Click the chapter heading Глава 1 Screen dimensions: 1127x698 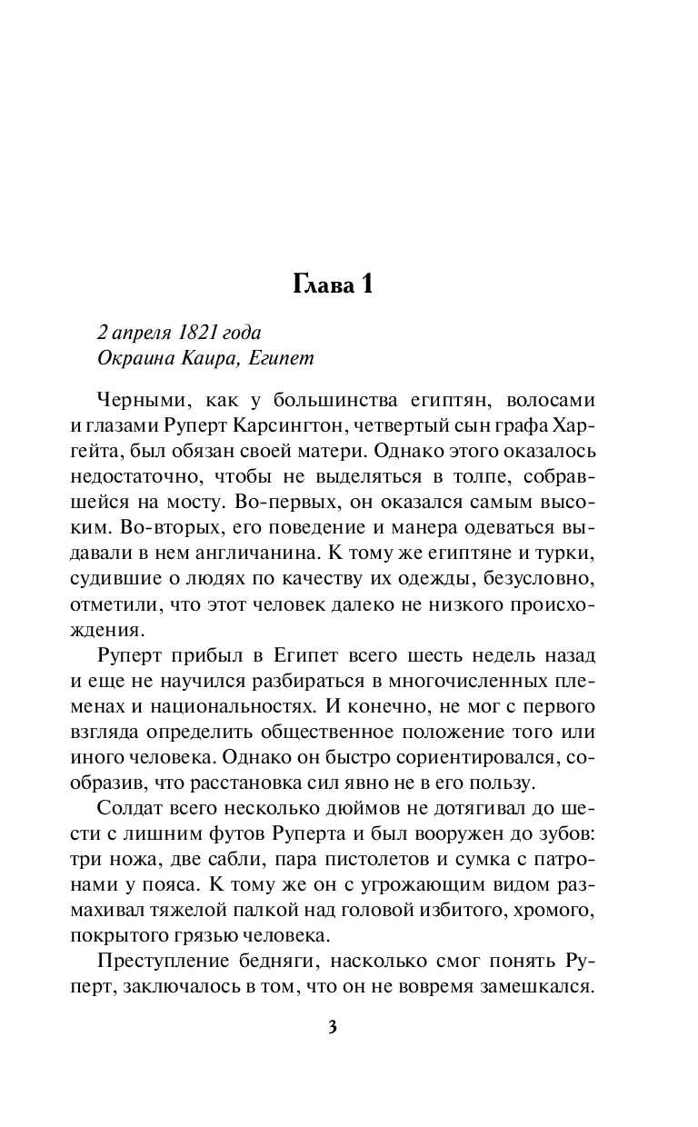(x=334, y=284)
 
